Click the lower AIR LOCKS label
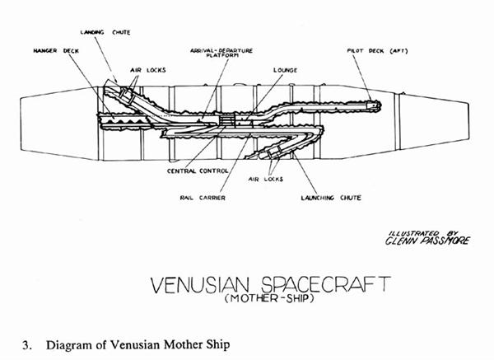point(266,178)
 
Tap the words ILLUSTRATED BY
point(420,233)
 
